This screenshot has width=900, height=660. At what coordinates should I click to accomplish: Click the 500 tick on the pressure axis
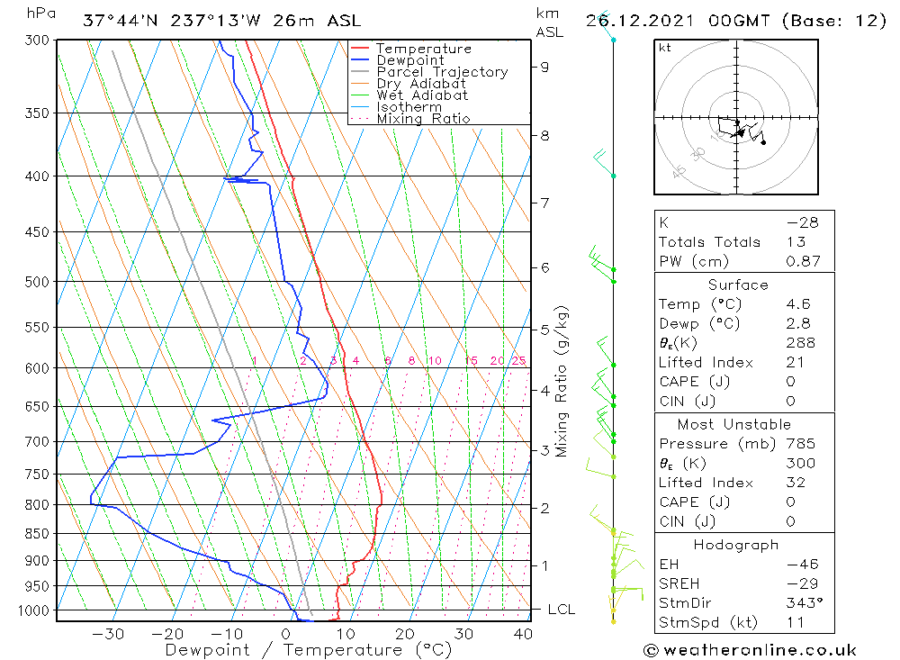pos(37,282)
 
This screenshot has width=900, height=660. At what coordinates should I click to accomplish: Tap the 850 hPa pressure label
pos(37,534)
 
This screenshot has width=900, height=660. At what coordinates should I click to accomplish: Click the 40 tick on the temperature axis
pos(522,634)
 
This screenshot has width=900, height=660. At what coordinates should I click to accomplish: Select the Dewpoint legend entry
pos(409,60)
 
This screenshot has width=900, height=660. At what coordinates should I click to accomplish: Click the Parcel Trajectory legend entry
pos(441,72)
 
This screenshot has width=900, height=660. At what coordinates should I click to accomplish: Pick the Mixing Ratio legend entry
pos(423,119)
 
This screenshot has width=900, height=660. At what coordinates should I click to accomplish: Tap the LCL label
pos(561,610)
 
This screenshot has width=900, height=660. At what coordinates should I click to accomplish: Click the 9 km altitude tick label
pos(545,66)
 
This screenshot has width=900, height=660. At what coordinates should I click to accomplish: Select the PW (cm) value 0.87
pos(803,262)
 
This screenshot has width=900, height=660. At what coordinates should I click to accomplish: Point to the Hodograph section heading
pos(736,545)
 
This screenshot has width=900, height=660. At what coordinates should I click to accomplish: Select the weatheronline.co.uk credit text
pos(750,650)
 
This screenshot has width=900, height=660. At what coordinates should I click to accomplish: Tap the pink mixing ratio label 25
pos(518,361)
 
